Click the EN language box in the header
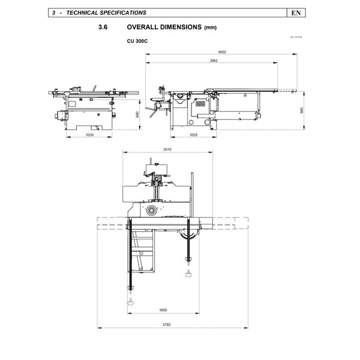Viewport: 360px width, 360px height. [296, 12]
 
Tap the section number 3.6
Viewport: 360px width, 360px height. [103, 28]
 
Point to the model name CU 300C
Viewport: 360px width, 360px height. [137, 41]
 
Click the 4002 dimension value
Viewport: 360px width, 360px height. [223, 52]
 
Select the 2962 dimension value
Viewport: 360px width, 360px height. [214, 61]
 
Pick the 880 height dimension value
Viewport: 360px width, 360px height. [137, 114]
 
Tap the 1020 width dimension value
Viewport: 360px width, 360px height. [89, 135]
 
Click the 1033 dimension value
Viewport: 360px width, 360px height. [193, 135]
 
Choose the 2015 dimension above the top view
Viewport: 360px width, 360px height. [167, 149]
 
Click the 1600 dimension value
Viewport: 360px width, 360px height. [163, 310]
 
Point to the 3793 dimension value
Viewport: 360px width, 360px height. [166, 326]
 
